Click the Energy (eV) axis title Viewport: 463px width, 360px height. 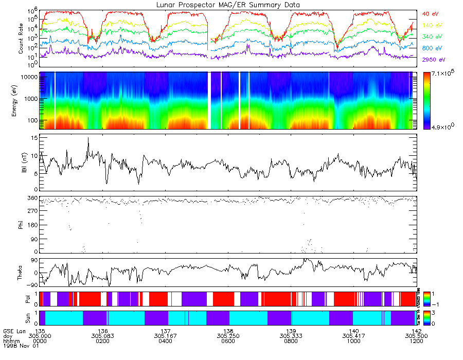coord(21,101)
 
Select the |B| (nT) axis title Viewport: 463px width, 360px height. coord(23,162)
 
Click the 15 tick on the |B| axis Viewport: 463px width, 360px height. coord(32,138)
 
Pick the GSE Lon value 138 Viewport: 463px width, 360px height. coord(228,331)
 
